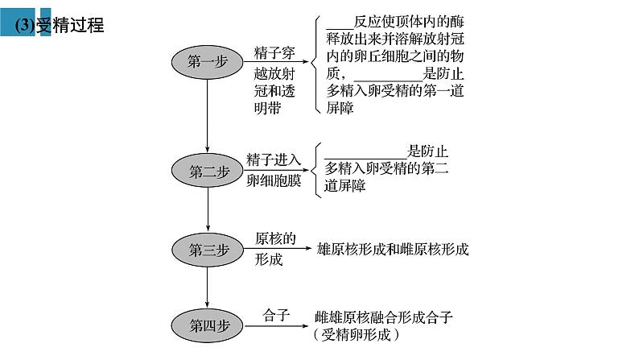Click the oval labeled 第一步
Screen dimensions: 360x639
coord(208,62)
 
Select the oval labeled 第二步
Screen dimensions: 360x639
coord(208,171)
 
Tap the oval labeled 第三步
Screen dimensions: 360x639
coord(208,249)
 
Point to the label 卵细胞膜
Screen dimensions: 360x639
coord(274,180)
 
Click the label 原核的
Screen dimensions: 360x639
coord(276,238)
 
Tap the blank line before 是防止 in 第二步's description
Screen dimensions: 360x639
coord(367,157)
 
